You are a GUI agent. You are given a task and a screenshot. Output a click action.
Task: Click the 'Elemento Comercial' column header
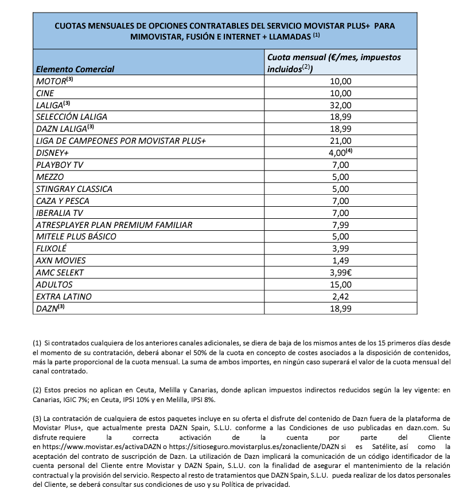75,69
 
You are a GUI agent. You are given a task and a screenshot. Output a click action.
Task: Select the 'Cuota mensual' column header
334,63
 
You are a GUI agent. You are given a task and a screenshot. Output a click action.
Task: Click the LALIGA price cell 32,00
341,105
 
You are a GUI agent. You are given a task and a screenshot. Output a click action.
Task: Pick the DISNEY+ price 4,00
339,152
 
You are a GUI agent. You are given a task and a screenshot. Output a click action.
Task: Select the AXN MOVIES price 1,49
341,261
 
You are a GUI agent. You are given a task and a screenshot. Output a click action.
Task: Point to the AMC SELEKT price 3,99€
341,273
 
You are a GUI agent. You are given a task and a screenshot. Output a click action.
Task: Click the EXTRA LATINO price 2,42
341,297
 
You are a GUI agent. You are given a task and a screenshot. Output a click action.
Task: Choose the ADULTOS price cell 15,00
341,285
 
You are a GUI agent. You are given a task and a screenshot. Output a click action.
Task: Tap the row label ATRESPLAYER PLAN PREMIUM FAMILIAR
114,225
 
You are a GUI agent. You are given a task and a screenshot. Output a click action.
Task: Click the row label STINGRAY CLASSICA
74,188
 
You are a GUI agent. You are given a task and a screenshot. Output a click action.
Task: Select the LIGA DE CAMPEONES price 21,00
341,140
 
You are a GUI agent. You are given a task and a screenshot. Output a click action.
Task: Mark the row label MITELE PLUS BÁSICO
76,237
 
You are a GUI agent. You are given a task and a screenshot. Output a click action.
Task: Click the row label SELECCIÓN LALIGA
71,117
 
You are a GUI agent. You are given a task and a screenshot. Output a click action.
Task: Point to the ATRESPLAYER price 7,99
341,225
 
